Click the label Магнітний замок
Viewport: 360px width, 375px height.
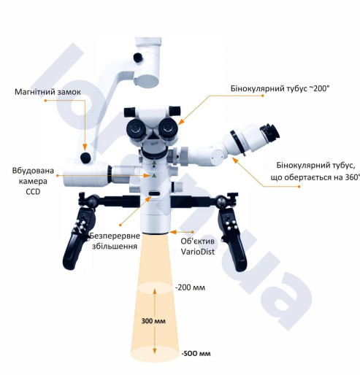pos(47,92)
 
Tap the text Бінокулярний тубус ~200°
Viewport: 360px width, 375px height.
pos(280,88)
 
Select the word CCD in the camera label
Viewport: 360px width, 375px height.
pos(33,192)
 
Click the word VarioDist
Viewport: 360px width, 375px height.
pos(198,252)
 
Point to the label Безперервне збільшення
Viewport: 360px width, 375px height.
pos(115,241)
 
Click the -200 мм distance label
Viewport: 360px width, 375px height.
pos(190,287)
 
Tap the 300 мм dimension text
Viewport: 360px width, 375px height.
pos(153,321)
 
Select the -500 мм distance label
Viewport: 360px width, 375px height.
pos(196,353)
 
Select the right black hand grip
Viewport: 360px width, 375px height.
pos(231,239)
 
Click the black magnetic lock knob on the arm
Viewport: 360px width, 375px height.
pos(85,158)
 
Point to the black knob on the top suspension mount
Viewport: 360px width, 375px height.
pos(138,58)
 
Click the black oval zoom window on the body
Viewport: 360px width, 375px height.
pos(155,193)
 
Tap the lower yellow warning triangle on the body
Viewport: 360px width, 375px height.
pos(153,176)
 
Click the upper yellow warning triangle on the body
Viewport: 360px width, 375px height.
pos(154,163)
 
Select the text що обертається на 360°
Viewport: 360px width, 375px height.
pos(315,177)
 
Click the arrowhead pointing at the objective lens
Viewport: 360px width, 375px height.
pos(173,232)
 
